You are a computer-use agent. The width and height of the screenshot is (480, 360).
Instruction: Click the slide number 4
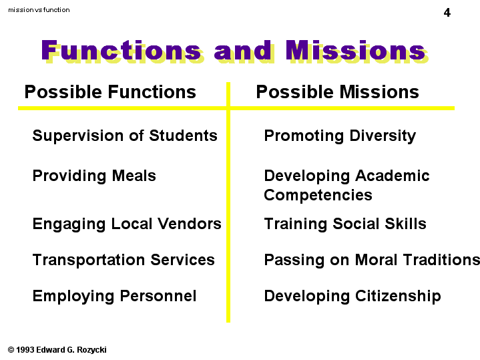click(447, 13)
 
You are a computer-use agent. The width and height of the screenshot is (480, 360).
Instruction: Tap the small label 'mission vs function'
click(39, 10)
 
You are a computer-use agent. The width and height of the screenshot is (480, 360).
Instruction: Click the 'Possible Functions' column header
click(110, 92)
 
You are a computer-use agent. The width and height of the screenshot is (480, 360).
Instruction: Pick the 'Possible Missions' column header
click(337, 92)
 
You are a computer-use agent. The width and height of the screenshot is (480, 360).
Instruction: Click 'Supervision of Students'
click(125, 136)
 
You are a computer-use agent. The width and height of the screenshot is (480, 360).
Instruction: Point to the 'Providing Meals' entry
click(94, 176)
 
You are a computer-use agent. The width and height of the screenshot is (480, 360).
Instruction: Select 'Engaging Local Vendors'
click(127, 224)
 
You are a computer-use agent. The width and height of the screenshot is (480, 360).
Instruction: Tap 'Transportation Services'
click(124, 260)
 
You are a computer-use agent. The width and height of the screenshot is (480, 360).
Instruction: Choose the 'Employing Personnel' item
click(114, 297)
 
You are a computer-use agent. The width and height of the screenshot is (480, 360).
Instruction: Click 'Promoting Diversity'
click(340, 136)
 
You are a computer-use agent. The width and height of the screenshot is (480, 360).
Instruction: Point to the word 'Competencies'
click(318, 195)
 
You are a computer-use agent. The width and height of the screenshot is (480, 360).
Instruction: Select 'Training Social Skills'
click(345, 224)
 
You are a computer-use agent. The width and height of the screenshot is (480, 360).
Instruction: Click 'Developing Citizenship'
click(352, 297)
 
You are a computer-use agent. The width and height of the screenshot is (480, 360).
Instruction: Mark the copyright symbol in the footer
click(11, 349)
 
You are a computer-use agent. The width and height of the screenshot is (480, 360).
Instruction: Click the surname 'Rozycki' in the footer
click(91, 350)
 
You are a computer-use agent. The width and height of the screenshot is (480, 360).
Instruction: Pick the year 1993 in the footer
click(25, 349)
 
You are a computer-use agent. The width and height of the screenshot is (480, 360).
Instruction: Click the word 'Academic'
click(393, 176)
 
